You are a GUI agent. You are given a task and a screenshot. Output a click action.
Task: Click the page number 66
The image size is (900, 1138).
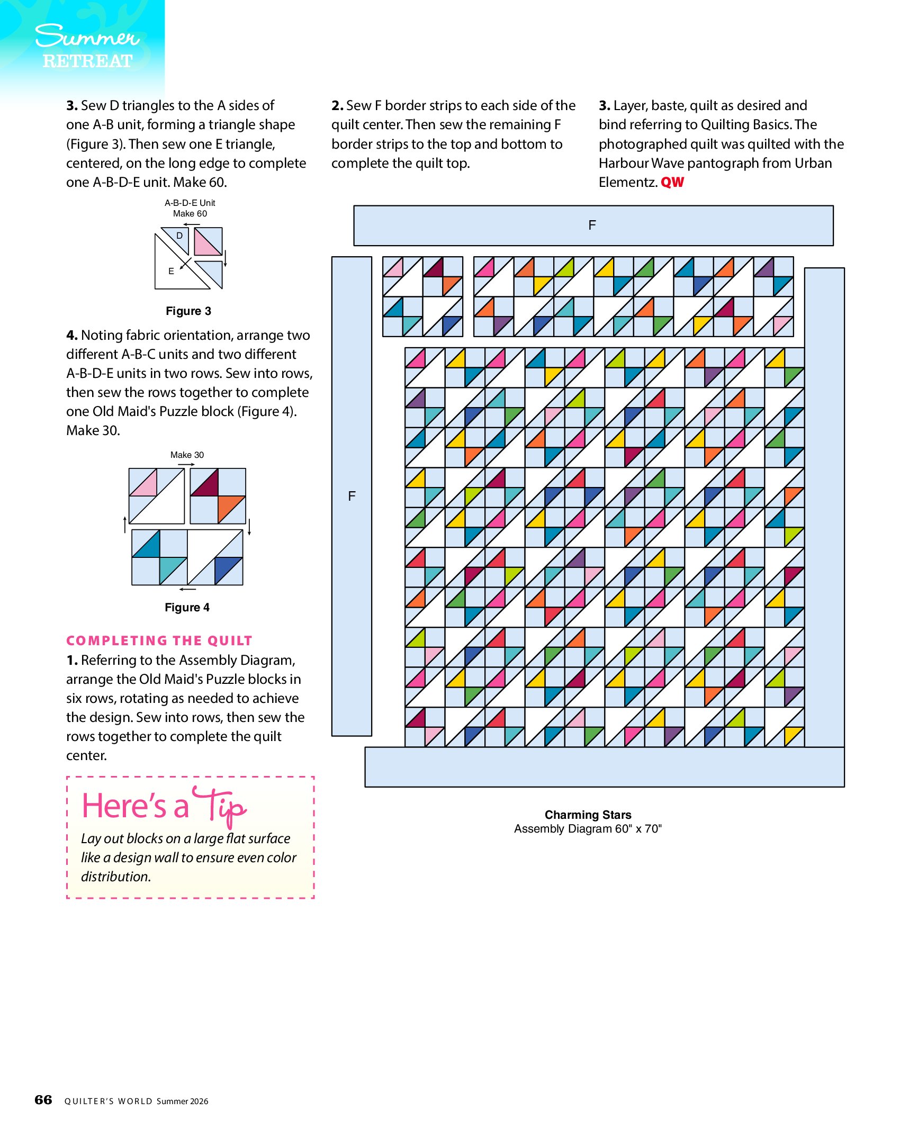[x=43, y=1100]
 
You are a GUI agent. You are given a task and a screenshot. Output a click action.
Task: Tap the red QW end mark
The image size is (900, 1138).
[x=672, y=182]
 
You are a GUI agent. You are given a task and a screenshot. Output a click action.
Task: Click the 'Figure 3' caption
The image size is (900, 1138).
[x=188, y=311]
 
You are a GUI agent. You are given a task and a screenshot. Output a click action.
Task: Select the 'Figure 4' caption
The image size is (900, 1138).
[x=187, y=607]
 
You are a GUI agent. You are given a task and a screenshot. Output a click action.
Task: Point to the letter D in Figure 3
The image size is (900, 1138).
[x=179, y=236]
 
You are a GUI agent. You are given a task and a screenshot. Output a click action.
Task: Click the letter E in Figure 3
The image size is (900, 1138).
[x=171, y=271]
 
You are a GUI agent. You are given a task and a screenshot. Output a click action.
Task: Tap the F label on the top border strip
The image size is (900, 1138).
[x=592, y=225]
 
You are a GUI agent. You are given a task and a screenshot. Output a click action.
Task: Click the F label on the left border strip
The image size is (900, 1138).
[x=352, y=496]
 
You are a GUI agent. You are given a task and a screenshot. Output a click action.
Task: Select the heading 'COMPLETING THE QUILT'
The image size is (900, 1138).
[x=159, y=640]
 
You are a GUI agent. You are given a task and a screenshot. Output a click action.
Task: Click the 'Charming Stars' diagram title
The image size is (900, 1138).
[x=588, y=815]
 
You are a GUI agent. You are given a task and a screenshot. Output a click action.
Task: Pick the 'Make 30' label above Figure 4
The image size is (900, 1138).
[x=187, y=455]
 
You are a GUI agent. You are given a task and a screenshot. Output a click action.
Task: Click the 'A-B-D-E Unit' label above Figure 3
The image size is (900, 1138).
[x=190, y=203]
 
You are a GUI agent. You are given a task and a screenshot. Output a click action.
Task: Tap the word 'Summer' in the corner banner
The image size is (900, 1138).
[x=87, y=37]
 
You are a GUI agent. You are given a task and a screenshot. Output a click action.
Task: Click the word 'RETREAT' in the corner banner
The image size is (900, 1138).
[x=87, y=61]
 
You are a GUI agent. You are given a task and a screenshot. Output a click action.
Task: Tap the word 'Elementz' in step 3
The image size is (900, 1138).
[x=627, y=182]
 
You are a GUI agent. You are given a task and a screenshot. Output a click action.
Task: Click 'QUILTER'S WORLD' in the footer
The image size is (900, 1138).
[x=108, y=1101]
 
